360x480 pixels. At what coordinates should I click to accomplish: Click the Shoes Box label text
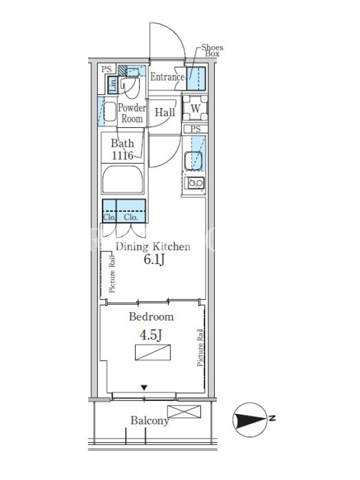tap(212, 50)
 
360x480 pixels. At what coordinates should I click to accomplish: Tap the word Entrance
tap(167, 77)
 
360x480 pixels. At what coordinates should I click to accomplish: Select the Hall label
tap(165, 112)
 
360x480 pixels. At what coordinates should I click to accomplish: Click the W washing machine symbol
tap(196, 108)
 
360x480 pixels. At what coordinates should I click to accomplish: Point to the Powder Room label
tap(132, 113)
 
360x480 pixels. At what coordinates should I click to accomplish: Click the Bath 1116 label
tap(122, 149)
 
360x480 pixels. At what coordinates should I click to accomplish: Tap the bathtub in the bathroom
tap(123, 179)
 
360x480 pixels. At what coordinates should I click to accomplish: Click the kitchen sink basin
tap(193, 160)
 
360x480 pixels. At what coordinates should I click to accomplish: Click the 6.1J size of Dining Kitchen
tap(154, 260)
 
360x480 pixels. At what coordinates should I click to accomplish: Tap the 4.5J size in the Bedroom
tap(151, 335)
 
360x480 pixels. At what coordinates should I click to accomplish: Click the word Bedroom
tap(151, 317)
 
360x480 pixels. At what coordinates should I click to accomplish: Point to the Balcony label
tap(149, 421)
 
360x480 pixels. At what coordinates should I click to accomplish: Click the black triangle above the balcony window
tap(144, 388)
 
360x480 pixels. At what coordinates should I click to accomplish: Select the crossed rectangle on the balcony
tap(184, 412)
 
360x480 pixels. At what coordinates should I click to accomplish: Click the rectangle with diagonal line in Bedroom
tap(153, 352)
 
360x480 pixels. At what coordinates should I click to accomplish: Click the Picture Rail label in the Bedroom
tap(200, 347)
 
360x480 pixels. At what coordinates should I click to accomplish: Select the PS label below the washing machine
tap(196, 129)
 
